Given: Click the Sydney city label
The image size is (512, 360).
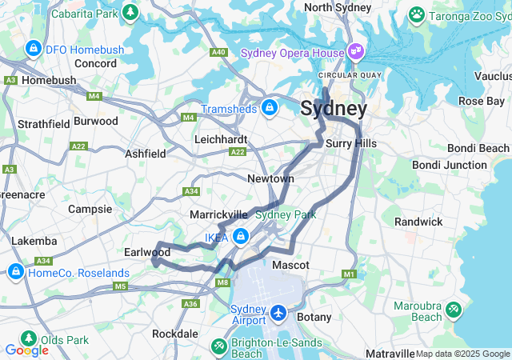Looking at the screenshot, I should pyautogui.click(x=334, y=109).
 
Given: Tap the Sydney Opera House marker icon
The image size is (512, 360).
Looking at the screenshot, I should pyautogui.click(x=356, y=54).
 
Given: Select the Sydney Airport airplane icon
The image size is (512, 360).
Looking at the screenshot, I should pyautogui.click(x=278, y=311).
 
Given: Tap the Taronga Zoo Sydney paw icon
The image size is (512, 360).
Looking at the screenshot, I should pyautogui.click(x=416, y=14).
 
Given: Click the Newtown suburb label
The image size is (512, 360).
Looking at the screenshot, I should pyautogui.click(x=270, y=178).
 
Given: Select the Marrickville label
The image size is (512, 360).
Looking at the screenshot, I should pyautogui.click(x=218, y=215).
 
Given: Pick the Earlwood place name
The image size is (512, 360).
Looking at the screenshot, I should pyautogui.click(x=147, y=252).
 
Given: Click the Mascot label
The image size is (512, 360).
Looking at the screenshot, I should pyautogui.click(x=291, y=265).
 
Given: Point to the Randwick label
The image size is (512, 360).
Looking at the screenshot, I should pyautogui.click(x=418, y=222).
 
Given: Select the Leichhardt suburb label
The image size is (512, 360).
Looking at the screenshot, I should pyautogui.click(x=221, y=139).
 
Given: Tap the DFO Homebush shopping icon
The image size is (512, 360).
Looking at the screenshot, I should pyautogui.click(x=34, y=50).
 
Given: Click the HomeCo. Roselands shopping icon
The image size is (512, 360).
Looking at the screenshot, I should pyautogui.click(x=15, y=273).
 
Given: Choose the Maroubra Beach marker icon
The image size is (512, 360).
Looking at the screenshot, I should pyautogui.click(x=453, y=308).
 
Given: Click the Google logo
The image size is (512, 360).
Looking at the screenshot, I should pyautogui.click(x=26, y=350).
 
